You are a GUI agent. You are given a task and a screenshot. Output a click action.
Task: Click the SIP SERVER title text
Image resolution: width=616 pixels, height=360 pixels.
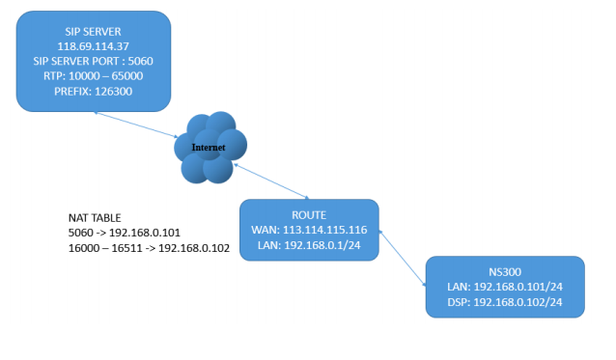click(93, 32)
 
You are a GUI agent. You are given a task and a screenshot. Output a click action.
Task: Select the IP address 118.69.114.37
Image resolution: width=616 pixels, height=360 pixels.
click(93, 46)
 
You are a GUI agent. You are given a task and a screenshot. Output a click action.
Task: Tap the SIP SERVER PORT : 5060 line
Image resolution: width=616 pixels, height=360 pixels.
click(93, 61)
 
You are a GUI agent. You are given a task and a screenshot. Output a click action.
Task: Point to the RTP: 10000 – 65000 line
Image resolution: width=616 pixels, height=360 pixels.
click(93, 76)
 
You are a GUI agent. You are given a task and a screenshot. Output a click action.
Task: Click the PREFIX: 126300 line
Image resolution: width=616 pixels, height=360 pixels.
click(93, 91)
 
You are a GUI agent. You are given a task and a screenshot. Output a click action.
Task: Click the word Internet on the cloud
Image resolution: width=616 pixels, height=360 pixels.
click(209, 148)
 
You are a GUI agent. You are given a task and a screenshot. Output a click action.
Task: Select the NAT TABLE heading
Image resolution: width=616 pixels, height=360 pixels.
click(95, 218)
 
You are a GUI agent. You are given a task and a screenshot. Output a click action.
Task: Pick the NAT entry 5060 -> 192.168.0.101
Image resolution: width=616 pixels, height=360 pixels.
click(125, 233)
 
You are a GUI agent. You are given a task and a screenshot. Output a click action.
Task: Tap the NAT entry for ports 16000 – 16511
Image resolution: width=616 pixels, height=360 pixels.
click(149, 248)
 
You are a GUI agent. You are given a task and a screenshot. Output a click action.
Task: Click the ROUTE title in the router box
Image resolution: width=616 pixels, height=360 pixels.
click(309, 215)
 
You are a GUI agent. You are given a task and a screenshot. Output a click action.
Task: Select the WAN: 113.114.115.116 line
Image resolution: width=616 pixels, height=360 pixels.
click(309, 230)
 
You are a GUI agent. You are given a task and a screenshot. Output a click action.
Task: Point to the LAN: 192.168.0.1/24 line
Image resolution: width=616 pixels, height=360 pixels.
click(309, 245)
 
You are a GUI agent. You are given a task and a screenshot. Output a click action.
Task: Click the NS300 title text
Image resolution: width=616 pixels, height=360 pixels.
click(505, 272)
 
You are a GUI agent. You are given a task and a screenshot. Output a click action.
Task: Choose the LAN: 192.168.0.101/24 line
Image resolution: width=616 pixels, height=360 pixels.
click(505, 287)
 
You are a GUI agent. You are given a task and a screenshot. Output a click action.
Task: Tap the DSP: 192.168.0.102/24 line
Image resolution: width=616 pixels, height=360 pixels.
click(505, 302)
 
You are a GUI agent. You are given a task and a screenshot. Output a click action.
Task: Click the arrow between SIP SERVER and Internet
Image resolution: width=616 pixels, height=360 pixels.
click(136, 125)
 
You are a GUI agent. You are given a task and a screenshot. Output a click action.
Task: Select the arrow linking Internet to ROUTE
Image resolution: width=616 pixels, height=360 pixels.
click(271, 181)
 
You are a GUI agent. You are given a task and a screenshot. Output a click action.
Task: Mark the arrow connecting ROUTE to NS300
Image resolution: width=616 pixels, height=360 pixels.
click(403, 259)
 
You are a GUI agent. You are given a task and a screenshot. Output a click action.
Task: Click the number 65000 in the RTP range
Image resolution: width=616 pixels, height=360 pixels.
click(127, 76)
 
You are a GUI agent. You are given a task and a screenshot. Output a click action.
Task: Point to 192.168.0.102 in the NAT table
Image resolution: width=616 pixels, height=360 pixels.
click(194, 248)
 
